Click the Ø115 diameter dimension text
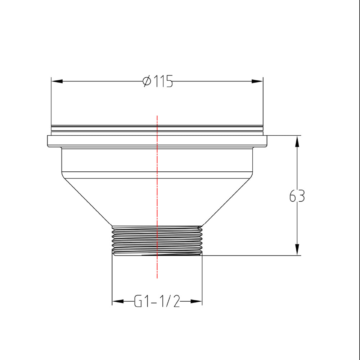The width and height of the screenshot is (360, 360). point(158,81)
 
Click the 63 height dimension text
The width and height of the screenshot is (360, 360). point(297,196)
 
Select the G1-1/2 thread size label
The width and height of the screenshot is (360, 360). point(157,301)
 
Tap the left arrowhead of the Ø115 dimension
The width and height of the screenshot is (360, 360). point(57,81)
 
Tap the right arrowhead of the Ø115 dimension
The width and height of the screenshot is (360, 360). point(257,81)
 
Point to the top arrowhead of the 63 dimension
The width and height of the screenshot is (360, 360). point(297,141)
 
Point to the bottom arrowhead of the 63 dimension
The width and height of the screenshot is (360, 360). point(297,250)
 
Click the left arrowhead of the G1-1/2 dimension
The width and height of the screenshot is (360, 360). point(117,301)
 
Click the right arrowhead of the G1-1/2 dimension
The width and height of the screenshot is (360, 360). point(197,301)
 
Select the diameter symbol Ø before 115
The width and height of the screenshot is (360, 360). point(147,81)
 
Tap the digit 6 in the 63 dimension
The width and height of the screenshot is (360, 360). point(293,196)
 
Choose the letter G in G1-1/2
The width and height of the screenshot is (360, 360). point(139,301)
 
